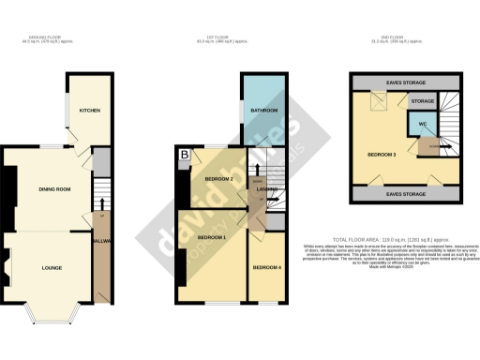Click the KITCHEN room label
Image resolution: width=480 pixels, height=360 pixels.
[x=90, y=110]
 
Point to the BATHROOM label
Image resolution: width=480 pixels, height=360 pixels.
[x=265, y=110]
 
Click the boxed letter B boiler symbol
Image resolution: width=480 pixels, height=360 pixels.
[x=185, y=155]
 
